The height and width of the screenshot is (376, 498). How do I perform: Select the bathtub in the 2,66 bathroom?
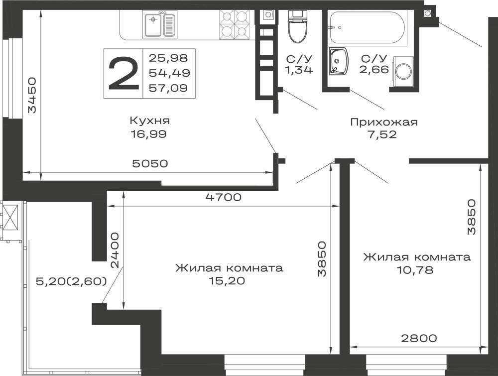click(x=367, y=27)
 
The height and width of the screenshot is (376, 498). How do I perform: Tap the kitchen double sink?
click(x=159, y=24)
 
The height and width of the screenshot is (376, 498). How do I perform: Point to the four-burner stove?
click(x=234, y=25)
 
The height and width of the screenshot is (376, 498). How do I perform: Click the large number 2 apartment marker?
click(x=124, y=73)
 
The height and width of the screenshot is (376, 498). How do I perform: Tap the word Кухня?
click(x=149, y=121)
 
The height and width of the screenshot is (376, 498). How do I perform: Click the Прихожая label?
click(x=383, y=122)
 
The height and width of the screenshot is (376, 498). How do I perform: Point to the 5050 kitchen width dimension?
click(x=150, y=163)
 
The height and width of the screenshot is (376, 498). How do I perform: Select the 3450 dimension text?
click(x=32, y=95)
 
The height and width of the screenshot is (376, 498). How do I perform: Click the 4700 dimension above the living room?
click(x=223, y=197)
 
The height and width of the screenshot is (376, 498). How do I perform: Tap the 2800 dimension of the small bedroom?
click(x=419, y=338)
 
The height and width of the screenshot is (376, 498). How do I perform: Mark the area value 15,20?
click(x=227, y=281)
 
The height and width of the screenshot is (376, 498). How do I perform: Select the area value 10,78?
click(x=415, y=270)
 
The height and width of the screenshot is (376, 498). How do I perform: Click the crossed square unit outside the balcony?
click(x=11, y=217)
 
